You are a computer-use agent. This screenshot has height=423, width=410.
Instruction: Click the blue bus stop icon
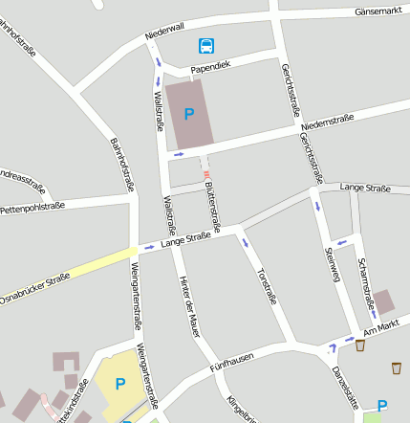(206, 45)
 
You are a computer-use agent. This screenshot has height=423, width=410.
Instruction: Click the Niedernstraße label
(327, 122)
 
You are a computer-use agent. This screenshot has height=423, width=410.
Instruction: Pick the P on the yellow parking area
(120, 384)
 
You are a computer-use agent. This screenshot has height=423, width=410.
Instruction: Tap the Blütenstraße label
(213, 207)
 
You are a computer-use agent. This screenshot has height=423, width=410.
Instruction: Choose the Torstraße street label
(268, 284)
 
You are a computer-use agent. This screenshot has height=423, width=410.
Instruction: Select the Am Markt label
(380, 328)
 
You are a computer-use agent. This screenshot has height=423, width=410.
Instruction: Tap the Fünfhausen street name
(230, 363)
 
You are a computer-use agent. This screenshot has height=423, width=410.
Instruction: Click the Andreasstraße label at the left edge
(21, 178)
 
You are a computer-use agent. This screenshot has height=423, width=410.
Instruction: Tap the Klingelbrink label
(241, 407)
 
